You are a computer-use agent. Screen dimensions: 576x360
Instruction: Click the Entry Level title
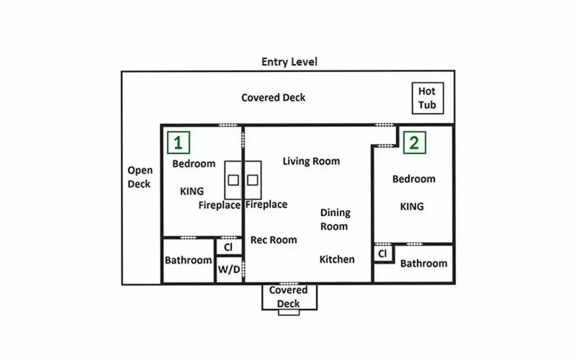tap(289, 62)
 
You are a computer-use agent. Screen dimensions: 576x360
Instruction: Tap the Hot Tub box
tap(428, 98)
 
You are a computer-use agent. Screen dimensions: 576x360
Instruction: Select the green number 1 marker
tap(179, 143)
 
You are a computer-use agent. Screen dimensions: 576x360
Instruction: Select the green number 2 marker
tap(415, 143)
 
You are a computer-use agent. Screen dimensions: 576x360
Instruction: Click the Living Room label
tap(311, 161)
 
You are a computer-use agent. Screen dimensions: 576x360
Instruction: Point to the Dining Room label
tap(335, 220)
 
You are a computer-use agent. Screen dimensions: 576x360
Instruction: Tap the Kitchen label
tap(337, 259)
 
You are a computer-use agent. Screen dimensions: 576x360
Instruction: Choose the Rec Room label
tap(274, 240)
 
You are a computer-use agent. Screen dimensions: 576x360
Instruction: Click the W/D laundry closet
tap(229, 269)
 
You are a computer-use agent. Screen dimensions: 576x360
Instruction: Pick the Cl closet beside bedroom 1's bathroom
tap(228, 247)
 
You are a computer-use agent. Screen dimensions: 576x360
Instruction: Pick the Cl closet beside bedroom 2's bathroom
tap(383, 253)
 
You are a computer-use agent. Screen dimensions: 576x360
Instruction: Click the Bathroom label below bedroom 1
tap(188, 261)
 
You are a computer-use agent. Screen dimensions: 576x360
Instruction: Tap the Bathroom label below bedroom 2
tap(423, 264)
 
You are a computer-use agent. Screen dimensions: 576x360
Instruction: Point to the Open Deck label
tap(140, 177)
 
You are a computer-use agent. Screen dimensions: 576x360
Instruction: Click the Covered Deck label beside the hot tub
tap(274, 98)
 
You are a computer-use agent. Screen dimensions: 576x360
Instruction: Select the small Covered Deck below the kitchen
tap(289, 297)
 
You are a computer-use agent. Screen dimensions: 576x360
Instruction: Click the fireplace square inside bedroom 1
tap(233, 180)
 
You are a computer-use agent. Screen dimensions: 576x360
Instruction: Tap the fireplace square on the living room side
tap(253, 180)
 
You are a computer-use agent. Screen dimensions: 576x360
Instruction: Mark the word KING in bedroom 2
tap(412, 207)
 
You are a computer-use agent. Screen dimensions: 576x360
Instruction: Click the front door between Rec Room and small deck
tap(289, 284)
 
